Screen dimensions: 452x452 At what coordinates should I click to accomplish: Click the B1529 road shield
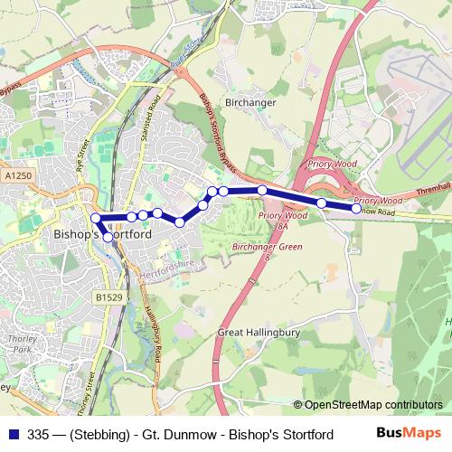coord(108,296)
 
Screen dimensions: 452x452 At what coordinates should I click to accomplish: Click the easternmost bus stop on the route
coord(356,209)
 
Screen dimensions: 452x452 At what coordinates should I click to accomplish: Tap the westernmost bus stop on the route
coord(96,218)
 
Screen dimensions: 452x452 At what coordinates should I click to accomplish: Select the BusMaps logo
coord(416,434)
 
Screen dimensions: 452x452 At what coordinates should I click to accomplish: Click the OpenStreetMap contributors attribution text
coord(373,405)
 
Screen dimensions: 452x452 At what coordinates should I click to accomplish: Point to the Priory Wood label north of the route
coord(330,165)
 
